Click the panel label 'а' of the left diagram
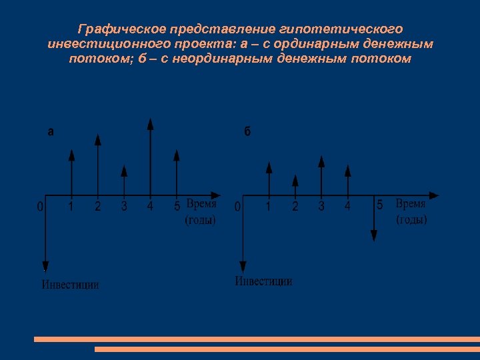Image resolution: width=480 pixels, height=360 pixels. pyautogui.click(x=51, y=132)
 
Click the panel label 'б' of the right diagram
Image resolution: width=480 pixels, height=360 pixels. pyautogui.click(x=247, y=132)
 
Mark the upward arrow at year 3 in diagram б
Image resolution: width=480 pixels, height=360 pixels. pyautogui.click(x=321, y=176)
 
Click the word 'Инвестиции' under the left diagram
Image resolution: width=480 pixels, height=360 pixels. pyautogui.click(x=71, y=285)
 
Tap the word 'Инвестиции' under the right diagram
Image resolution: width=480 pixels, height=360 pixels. pyautogui.click(x=263, y=281)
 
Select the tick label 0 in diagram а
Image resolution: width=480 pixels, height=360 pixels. pyautogui.click(x=40, y=207)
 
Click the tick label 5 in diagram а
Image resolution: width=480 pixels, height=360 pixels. pyautogui.click(x=177, y=206)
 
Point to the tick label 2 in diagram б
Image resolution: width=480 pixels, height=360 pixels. pyautogui.click(x=295, y=207)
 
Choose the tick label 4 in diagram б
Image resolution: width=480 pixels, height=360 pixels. pyautogui.click(x=347, y=207)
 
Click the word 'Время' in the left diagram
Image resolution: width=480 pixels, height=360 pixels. pyautogui.click(x=201, y=205)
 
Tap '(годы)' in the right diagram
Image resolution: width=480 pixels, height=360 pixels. pyautogui.click(x=411, y=219)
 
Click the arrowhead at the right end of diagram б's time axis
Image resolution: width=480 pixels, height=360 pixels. pyautogui.click(x=434, y=195)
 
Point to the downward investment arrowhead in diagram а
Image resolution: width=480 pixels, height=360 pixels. pyautogui.click(x=45, y=265)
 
